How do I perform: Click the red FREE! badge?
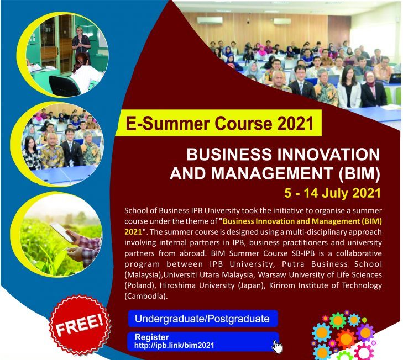(x=80, y=325)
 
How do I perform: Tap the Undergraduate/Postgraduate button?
(x=203, y=319)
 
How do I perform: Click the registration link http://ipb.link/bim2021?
(x=174, y=345)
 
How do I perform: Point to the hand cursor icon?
(x=278, y=346)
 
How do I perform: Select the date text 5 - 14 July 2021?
(x=332, y=193)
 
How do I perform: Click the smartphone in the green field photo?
(x=62, y=232)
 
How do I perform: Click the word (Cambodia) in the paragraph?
(x=145, y=296)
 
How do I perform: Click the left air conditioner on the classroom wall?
(x=210, y=20)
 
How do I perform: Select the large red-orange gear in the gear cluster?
(x=346, y=339)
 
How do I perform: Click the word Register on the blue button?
(x=151, y=337)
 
